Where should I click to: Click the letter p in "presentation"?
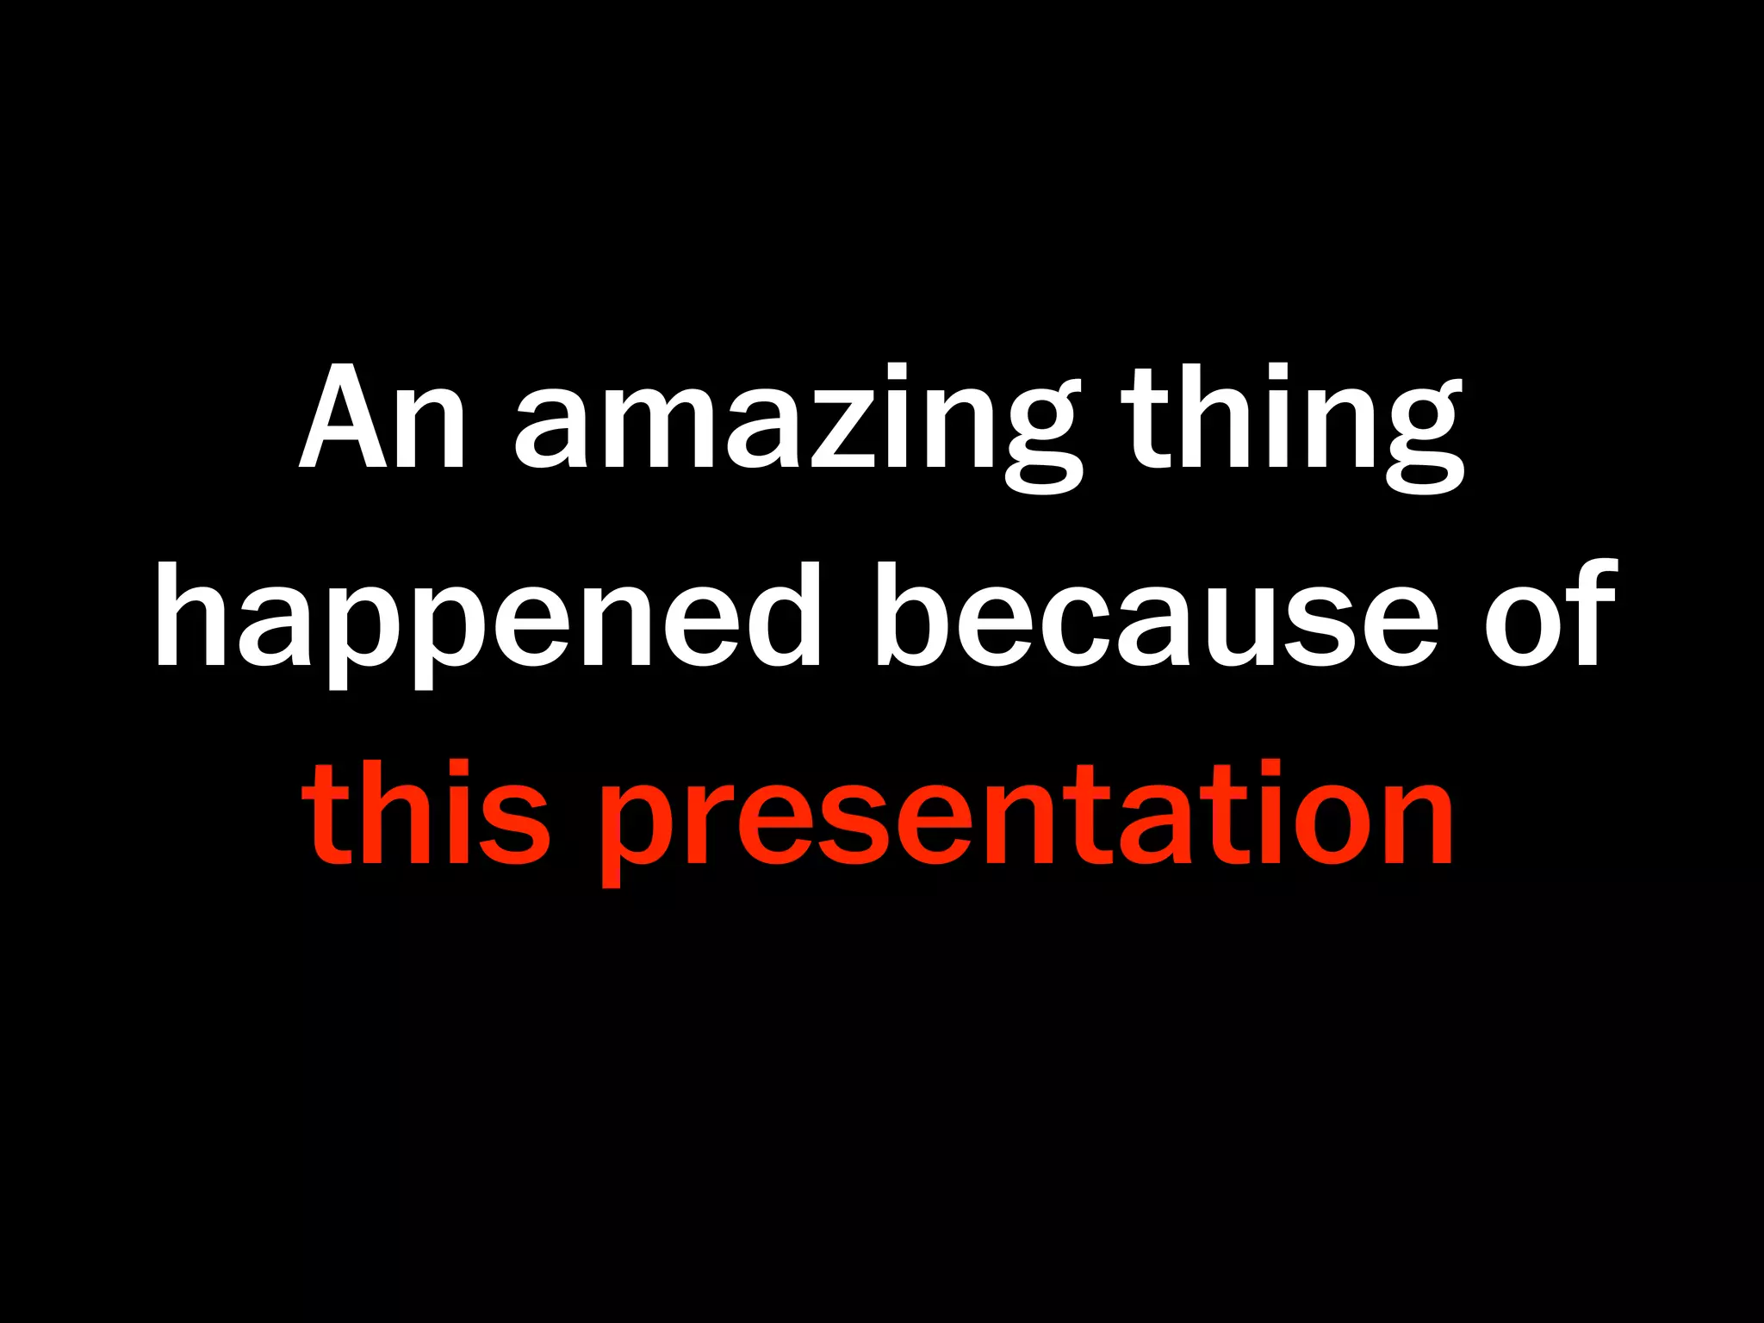637,827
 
